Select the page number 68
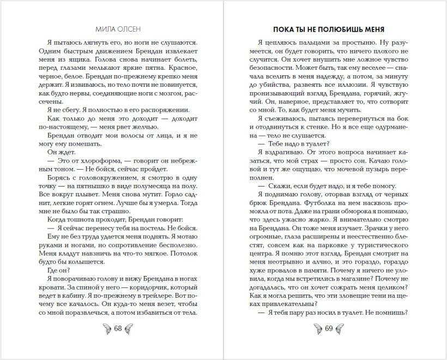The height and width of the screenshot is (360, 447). [117, 328]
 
